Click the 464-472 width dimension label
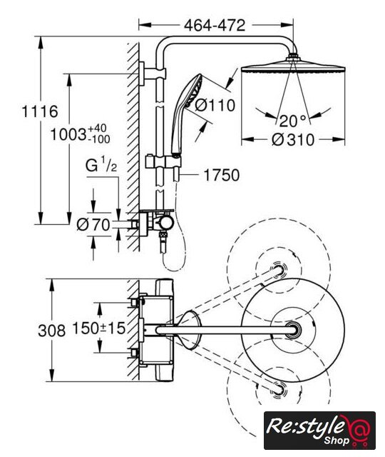(215, 26)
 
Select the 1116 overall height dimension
(40, 111)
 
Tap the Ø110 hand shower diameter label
(215, 105)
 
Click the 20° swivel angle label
(292, 121)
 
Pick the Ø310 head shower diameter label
(293, 140)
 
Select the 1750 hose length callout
(222, 175)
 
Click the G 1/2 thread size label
(101, 166)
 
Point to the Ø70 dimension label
(93, 225)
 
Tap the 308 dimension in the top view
(52, 331)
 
